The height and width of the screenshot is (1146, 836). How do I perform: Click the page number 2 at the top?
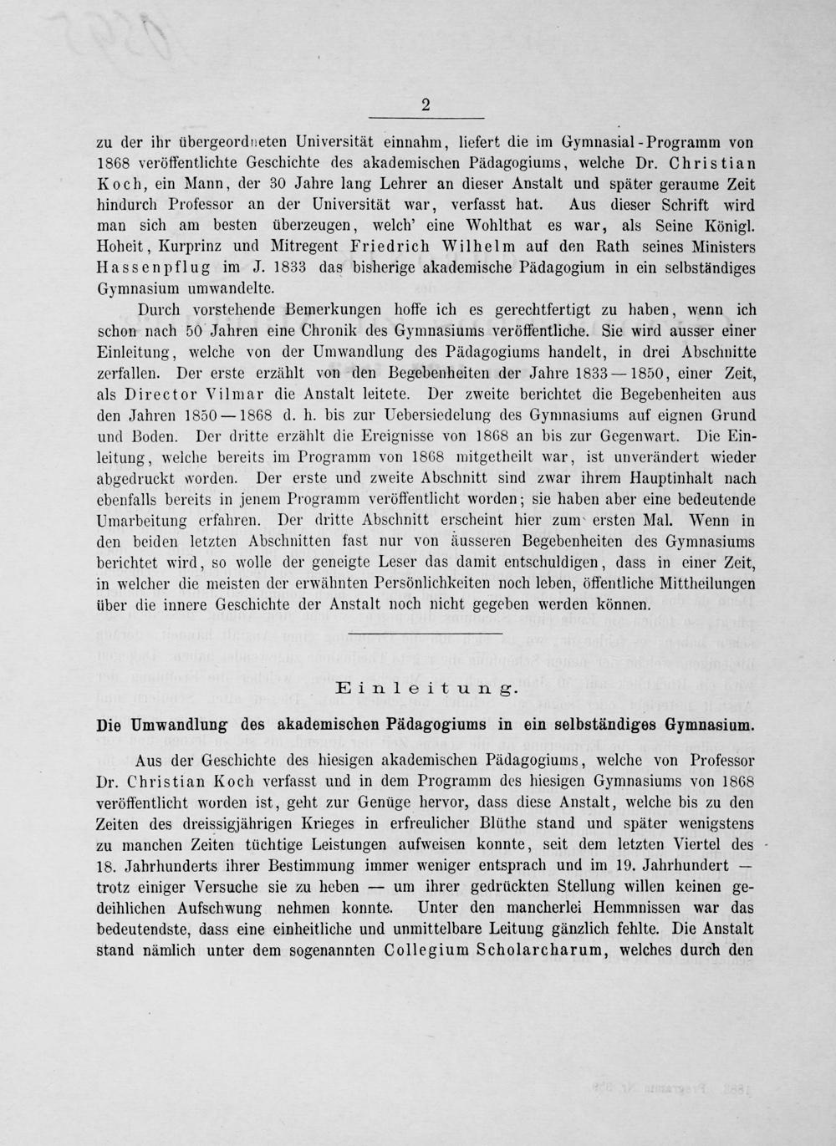point(426,104)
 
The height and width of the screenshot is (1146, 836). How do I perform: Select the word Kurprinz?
point(193,246)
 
